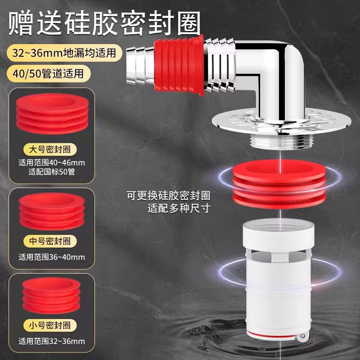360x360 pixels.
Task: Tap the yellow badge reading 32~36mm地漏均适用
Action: pyautogui.click(x=64, y=53)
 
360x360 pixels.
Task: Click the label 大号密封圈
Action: pyautogui.click(x=51, y=149)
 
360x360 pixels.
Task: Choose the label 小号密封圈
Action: pyautogui.click(x=51, y=324)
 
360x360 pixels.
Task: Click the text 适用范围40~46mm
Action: pyautogui.click(x=51, y=162)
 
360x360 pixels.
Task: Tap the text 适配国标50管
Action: pyautogui.click(x=51, y=171)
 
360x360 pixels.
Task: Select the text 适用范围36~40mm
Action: pyautogui.click(x=51, y=257)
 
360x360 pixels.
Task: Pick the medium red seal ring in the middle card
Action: pyautogui.click(x=51, y=211)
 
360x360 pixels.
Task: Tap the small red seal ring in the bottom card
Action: pyautogui.click(x=51, y=296)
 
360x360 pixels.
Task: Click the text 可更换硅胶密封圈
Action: pyautogui.click(x=168, y=196)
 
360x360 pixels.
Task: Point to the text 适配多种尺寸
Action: pyautogui.click(x=179, y=209)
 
